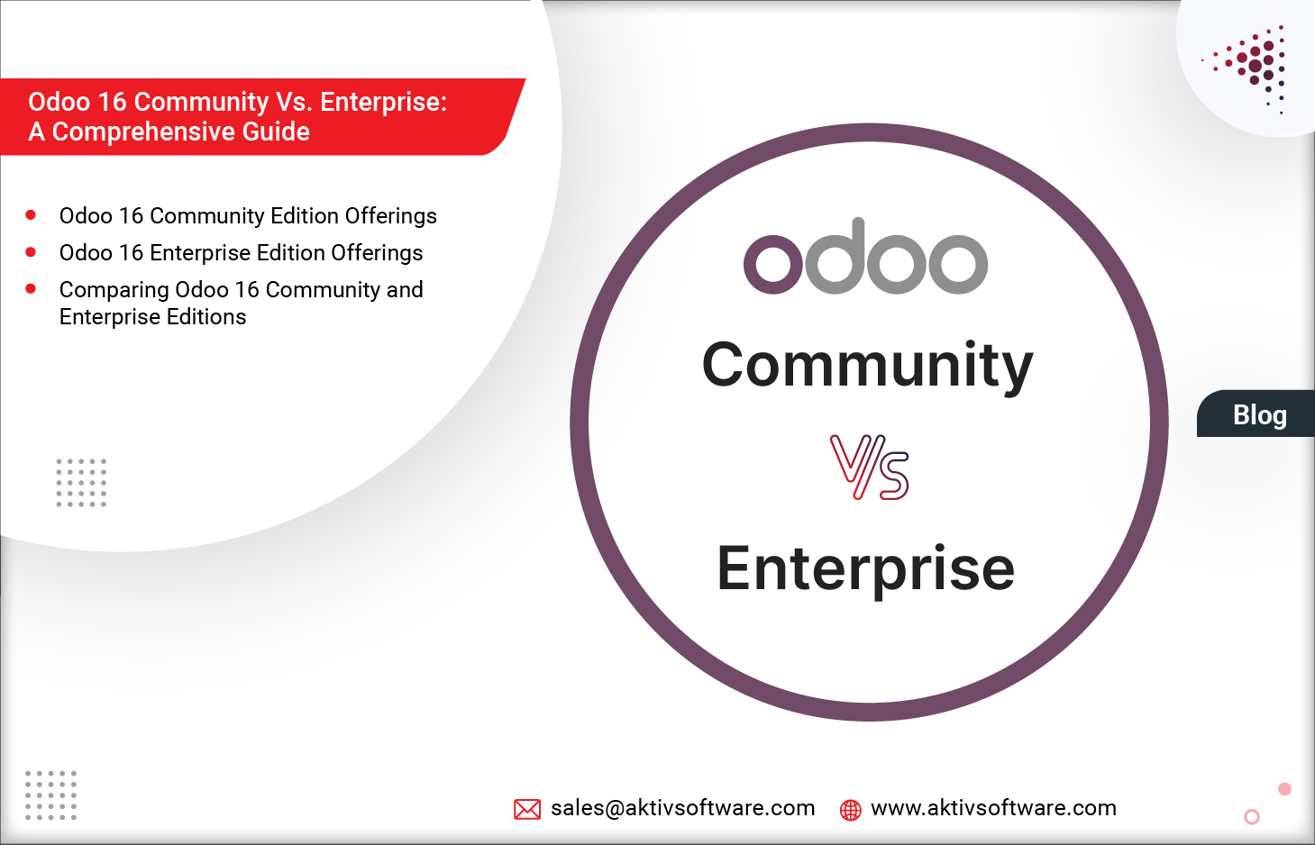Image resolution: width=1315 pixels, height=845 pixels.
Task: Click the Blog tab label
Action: coord(1259,414)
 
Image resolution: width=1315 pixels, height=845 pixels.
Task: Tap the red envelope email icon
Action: coord(527,809)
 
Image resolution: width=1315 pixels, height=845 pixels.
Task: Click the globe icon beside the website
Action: coord(850,810)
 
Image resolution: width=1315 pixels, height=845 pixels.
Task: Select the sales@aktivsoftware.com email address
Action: coord(682,808)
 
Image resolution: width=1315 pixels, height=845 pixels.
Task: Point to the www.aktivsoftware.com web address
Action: coord(993,808)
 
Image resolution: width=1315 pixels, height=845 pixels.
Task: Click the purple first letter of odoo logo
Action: coord(772,264)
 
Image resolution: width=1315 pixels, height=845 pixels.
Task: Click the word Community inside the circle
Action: coord(867,366)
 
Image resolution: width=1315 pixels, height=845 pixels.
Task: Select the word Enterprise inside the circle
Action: coord(865,568)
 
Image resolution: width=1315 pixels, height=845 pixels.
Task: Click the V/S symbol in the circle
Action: coord(869,467)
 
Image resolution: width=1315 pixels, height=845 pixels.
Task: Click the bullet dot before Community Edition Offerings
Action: coord(31,215)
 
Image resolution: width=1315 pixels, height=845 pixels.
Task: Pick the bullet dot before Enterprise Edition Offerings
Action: coord(31,252)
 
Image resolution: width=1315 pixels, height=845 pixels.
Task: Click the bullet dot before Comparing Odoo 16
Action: coord(31,289)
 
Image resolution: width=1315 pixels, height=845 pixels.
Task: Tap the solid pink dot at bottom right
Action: coord(1284,789)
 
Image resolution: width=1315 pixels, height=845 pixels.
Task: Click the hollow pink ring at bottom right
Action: coord(1252,817)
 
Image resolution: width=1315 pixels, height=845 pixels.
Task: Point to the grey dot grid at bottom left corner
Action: coord(50,795)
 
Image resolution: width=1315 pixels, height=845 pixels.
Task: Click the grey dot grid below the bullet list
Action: coord(81,482)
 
